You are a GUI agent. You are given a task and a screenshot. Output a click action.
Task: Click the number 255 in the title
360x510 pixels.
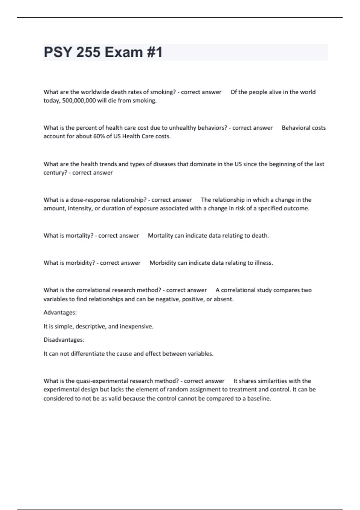tap(88, 52)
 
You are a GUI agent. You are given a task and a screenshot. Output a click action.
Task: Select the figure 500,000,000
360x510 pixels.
tap(79, 100)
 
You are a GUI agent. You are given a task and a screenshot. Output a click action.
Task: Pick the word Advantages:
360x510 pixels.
tap(60, 313)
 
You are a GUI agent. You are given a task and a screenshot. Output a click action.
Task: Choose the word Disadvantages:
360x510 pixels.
tap(64, 340)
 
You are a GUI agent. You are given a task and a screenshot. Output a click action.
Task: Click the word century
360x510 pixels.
tap(55, 173)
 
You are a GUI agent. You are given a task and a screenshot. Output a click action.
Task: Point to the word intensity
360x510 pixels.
tap(80, 208)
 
